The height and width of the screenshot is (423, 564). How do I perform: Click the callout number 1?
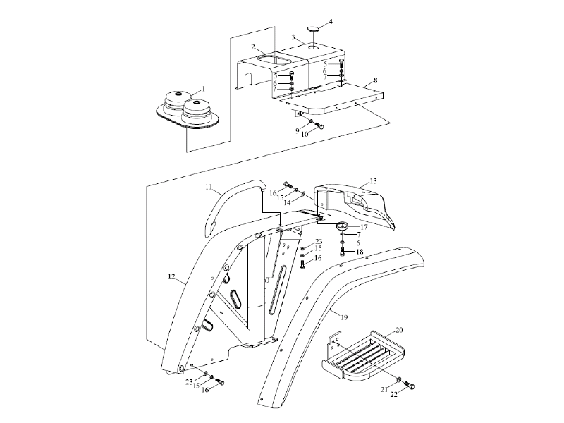tap(204, 89)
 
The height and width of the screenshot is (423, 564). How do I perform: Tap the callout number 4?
tap(331, 22)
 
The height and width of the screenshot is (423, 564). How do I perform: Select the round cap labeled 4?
tap(313, 29)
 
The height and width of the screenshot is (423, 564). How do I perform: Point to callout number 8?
tap(376, 80)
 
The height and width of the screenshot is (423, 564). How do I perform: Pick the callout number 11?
tap(209, 187)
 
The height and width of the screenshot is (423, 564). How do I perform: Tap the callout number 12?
tap(171, 276)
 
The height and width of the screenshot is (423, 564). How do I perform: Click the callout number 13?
tap(374, 180)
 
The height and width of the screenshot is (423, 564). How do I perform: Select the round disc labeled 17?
tap(343, 226)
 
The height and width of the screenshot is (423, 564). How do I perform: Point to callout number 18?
tap(360, 252)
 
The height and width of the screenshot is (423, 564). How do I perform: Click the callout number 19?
tap(344, 317)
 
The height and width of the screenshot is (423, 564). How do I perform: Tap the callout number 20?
tap(399, 330)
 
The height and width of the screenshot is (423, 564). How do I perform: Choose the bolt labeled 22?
tap(410, 386)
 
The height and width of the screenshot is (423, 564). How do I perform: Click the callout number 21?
tap(384, 389)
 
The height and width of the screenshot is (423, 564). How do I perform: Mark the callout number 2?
tap(253, 47)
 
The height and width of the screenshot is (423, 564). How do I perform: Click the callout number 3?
tap(293, 37)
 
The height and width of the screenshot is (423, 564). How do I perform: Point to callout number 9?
tap(298, 131)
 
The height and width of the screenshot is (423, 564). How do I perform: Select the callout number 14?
tap(287, 203)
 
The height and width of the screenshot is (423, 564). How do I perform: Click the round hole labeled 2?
tap(274, 60)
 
